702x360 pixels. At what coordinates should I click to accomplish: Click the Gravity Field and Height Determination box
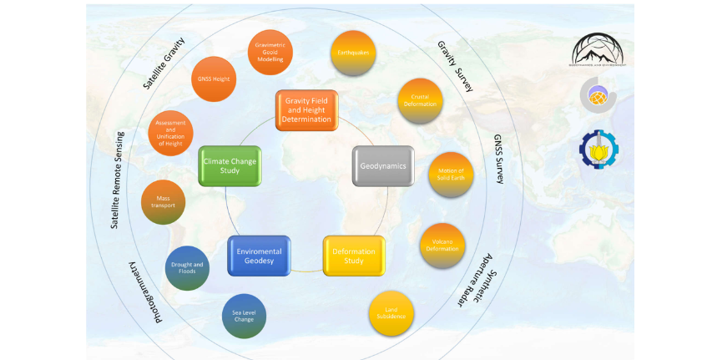tap(306, 109)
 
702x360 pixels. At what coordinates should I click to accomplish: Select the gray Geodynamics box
tap(383, 165)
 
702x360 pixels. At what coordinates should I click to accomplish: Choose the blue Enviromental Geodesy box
tap(259, 255)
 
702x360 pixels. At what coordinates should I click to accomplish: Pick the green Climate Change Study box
tap(230, 165)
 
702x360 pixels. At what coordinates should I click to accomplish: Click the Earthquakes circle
tap(354, 53)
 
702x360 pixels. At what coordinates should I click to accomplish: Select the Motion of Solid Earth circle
tap(451, 175)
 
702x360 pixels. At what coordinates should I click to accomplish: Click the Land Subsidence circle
tap(391, 313)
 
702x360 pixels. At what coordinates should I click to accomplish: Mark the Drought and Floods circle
tap(187, 267)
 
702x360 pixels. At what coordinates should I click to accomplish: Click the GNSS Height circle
tap(214, 79)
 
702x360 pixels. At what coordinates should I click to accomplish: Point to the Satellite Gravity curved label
tap(164, 63)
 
